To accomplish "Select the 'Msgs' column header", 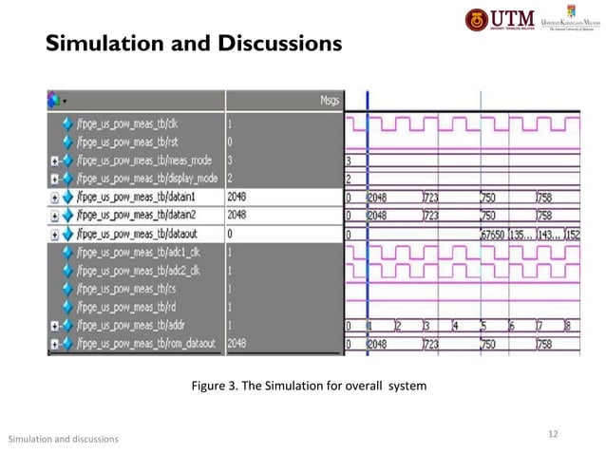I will (x=330, y=99).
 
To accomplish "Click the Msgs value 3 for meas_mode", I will (x=232, y=160).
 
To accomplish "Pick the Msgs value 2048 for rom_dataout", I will (x=238, y=343).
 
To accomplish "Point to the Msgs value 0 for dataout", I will (x=232, y=233).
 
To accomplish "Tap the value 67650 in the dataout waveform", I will (x=496, y=234).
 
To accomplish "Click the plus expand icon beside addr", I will (x=55, y=325).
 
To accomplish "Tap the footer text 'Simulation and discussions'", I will (x=63, y=439).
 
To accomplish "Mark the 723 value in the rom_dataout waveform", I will (x=429, y=343).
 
